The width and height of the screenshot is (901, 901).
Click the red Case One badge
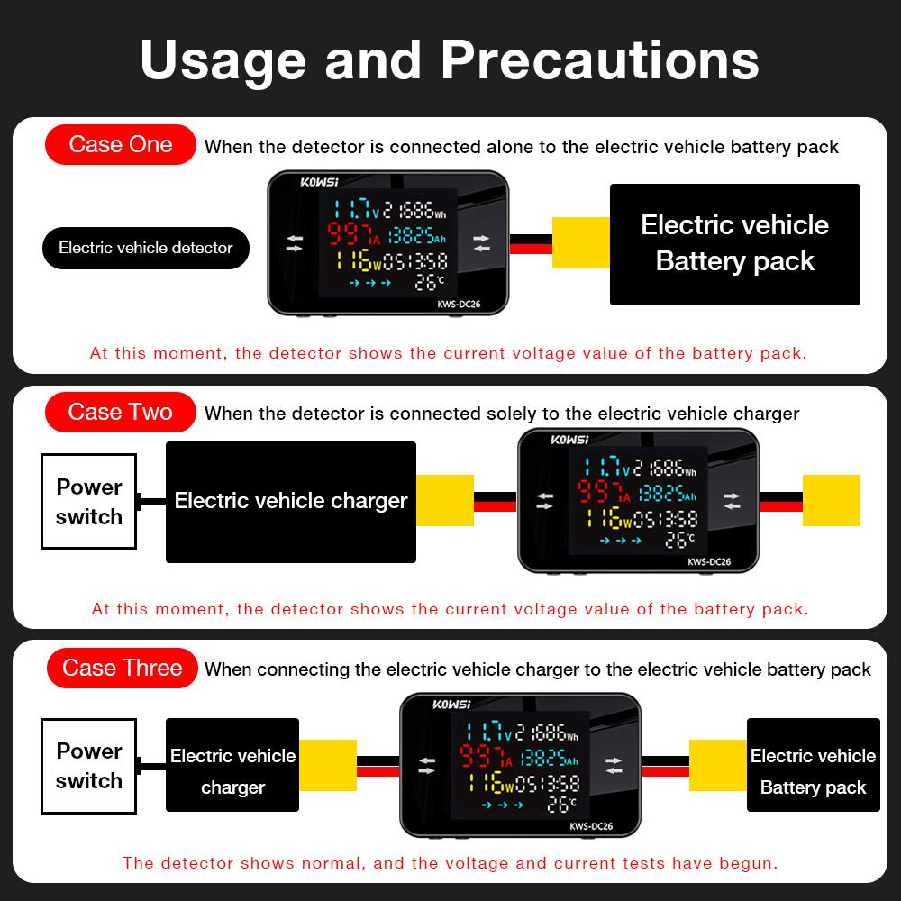click(121, 145)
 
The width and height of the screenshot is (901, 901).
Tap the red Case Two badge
click(121, 413)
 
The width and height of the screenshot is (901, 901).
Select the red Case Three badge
click(122, 668)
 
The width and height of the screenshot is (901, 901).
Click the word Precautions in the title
click(599, 59)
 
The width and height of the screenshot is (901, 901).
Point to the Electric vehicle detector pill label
click(146, 248)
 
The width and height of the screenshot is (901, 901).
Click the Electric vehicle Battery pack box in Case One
click(734, 243)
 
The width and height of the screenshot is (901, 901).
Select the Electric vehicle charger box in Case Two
click(290, 501)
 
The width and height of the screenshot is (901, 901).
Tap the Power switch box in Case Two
click(88, 501)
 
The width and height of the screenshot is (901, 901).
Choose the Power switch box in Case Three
click(88, 765)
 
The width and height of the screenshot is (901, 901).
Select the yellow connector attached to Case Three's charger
click(326, 765)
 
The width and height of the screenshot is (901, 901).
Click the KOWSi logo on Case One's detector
click(316, 182)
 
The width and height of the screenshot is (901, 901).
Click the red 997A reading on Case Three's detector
click(485, 758)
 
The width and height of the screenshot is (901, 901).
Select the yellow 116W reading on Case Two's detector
click(608, 517)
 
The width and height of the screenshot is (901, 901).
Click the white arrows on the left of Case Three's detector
click(426, 765)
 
